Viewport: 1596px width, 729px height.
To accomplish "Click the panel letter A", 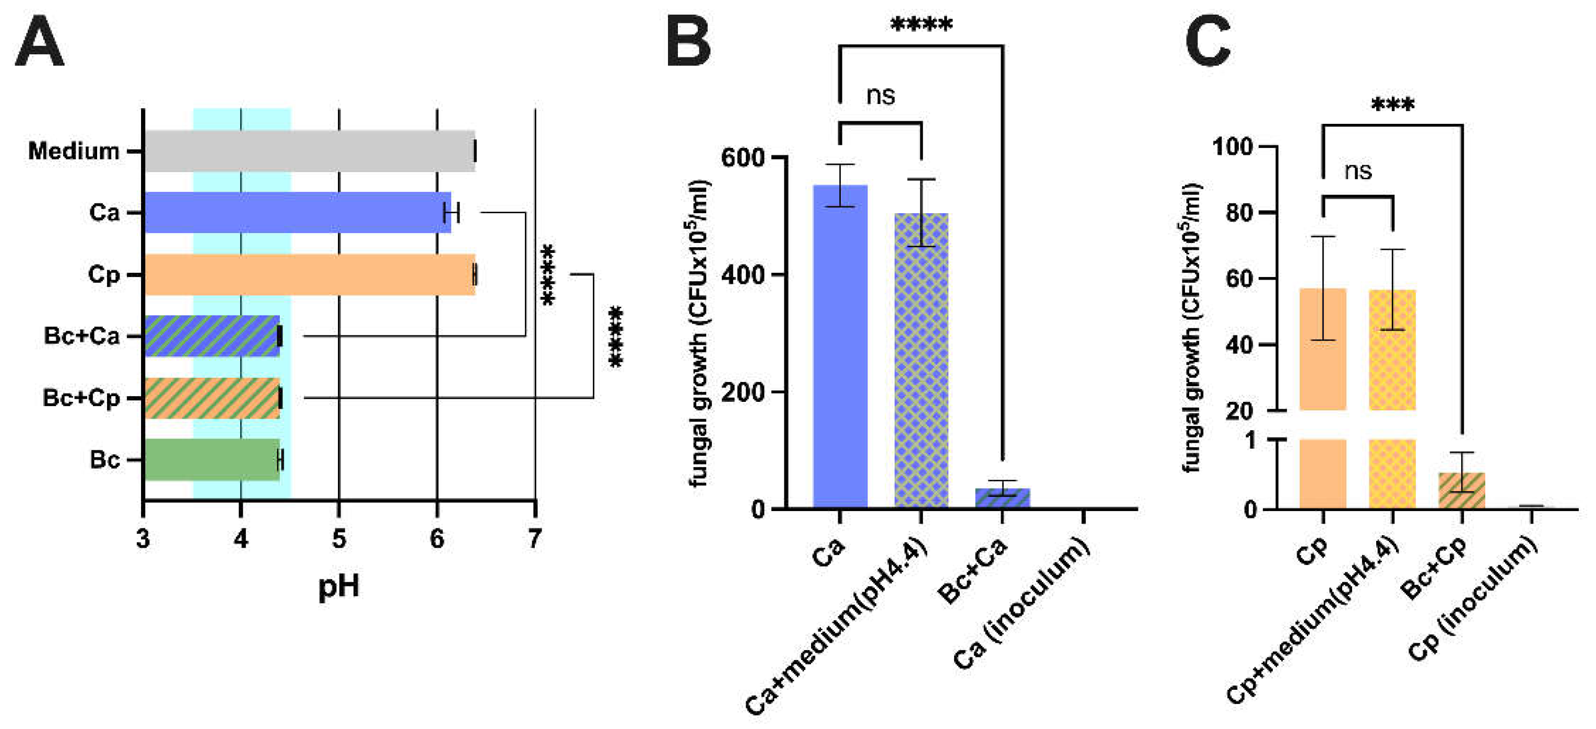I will pos(39,42).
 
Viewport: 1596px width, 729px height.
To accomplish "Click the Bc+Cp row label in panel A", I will pos(81,398).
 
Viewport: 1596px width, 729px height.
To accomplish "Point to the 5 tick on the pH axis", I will pos(338,538).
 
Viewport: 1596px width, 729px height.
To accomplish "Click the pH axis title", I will pos(338,585).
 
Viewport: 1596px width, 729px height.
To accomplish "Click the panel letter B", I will pos(688,42).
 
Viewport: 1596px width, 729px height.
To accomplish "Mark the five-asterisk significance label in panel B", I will pos(921,25).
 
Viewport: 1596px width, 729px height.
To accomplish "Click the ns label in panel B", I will pos(880,96).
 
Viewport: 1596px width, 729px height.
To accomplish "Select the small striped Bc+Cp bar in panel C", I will pos(1462,490).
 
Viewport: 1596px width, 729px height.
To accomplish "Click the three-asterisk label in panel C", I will pos(1392,104).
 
